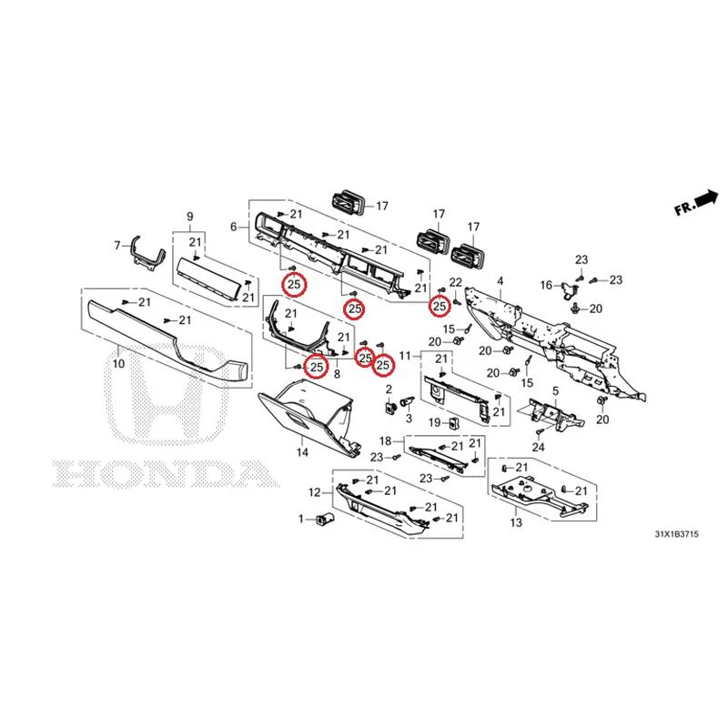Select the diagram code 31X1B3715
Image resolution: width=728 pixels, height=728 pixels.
point(676,534)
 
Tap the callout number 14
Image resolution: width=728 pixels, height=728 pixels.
point(302,451)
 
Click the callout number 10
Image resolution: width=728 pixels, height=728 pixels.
point(119,363)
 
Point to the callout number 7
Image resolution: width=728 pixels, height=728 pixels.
point(117,245)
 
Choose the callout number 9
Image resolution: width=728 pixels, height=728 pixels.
point(190,217)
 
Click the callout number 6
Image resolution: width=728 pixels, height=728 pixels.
point(234,227)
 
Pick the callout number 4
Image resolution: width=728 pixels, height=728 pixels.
point(500,281)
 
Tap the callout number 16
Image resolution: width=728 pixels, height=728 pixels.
point(547,285)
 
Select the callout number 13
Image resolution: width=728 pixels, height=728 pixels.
point(516,522)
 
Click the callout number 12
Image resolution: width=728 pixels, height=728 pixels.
point(315,492)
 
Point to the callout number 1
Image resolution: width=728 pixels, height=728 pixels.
point(301,519)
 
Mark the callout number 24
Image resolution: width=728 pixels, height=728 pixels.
point(538,447)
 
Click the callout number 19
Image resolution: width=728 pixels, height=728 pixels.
point(435,422)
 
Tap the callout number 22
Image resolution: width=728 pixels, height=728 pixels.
point(456,282)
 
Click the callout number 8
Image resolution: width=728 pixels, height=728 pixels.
point(337,373)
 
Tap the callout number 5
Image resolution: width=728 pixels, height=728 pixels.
point(556,391)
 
